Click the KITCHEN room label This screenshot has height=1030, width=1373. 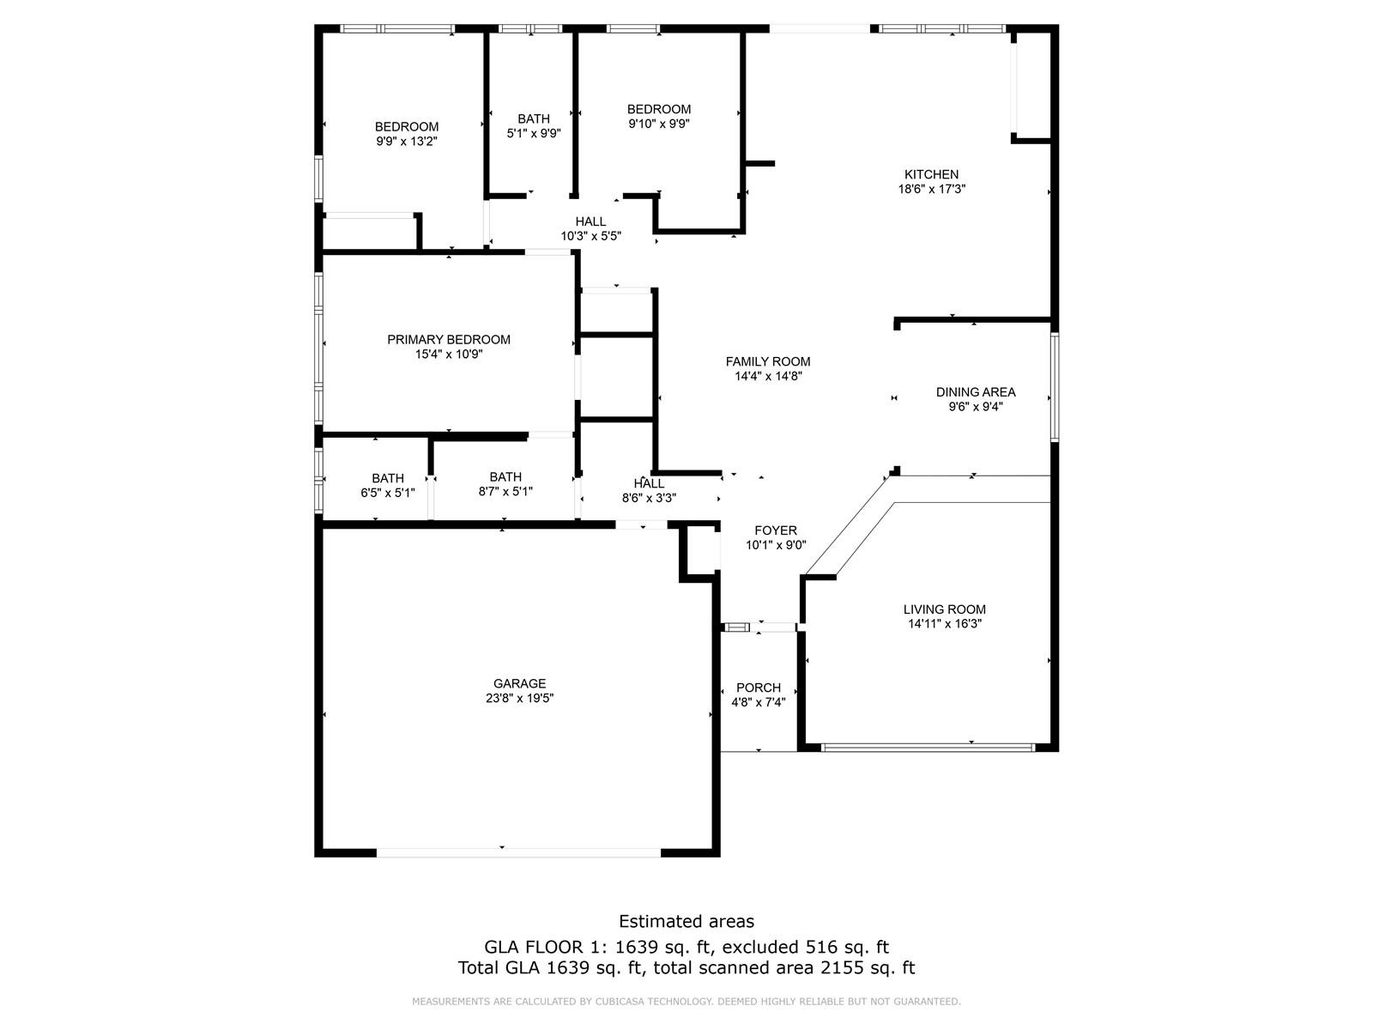pyautogui.click(x=931, y=174)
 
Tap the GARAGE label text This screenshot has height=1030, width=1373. pyautogui.click(x=519, y=683)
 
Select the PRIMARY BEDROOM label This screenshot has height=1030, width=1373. pyautogui.click(x=449, y=340)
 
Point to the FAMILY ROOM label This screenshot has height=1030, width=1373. pyautogui.click(x=768, y=361)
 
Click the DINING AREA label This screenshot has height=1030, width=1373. pyautogui.click(x=976, y=392)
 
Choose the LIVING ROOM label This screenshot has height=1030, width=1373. pyautogui.click(x=945, y=609)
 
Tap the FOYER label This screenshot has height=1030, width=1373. pyautogui.click(x=776, y=530)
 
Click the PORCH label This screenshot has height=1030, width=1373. pyautogui.click(x=758, y=688)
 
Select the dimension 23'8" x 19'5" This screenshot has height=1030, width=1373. pyautogui.click(x=520, y=699)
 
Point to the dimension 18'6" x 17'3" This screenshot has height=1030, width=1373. pyautogui.click(x=932, y=189)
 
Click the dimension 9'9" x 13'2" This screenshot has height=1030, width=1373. pyautogui.click(x=407, y=142)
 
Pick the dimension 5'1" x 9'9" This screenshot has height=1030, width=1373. pyautogui.click(x=534, y=133)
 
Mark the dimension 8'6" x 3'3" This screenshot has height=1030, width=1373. pyautogui.click(x=650, y=499)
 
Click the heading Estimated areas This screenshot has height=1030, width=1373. pyautogui.click(x=686, y=921)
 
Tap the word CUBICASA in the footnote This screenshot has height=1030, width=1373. pyautogui.click(x=620, y=1001)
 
